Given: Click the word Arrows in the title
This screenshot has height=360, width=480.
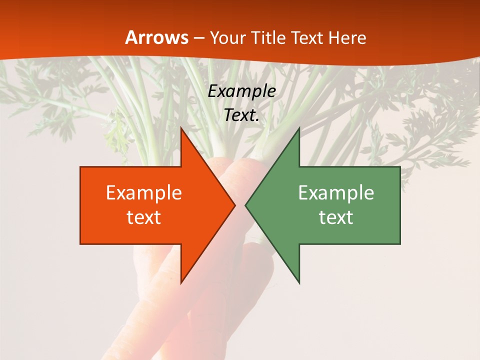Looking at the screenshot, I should pos(157,38).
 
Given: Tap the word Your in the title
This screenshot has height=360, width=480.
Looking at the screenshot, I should pos(226,38).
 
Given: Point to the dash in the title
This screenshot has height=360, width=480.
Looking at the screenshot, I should pos(199,38).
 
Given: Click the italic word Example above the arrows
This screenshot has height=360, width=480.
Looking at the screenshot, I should pos(242,91).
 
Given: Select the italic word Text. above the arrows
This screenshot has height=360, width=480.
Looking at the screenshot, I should pos(242,115).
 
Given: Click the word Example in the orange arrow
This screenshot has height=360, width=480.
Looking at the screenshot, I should pos(144,193).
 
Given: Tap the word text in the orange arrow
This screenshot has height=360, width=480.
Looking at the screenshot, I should pos(144,217).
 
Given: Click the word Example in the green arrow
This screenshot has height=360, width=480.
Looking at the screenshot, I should pos(336,193).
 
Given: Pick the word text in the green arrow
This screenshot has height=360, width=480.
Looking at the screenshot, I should pos(336,217).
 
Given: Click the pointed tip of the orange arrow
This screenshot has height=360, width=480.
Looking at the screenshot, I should pos(235,205).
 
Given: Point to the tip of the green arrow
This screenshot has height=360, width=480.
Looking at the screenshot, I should pos(245,205).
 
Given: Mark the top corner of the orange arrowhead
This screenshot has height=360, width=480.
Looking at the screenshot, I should pos(181,127).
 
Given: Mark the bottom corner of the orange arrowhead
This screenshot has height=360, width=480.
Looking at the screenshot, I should pos(181,283).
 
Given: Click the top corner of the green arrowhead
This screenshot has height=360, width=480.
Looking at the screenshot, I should pos(299,127).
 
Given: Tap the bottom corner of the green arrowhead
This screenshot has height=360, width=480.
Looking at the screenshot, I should pos(299,283).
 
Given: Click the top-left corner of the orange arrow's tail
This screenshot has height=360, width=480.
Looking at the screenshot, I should pos(80,167).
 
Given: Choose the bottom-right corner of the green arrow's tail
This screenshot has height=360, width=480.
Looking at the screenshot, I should pos(400,244).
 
